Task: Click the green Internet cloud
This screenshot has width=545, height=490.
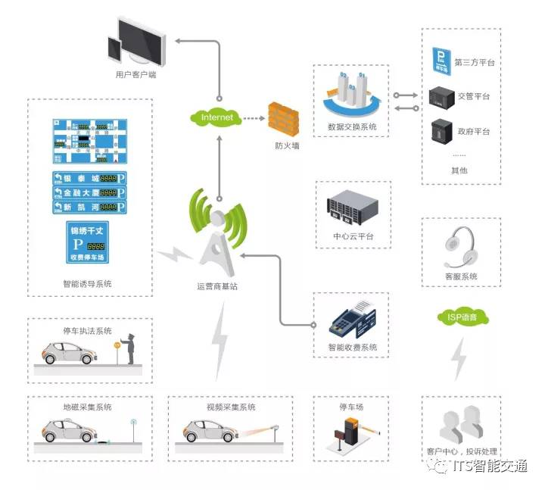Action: (217, 117)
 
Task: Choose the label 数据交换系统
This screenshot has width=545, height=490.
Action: (352, 126)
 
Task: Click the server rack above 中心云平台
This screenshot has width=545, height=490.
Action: (352, 207)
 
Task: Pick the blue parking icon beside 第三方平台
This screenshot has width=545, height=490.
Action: (441, 61)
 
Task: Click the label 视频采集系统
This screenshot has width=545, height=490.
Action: (231, 407)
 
